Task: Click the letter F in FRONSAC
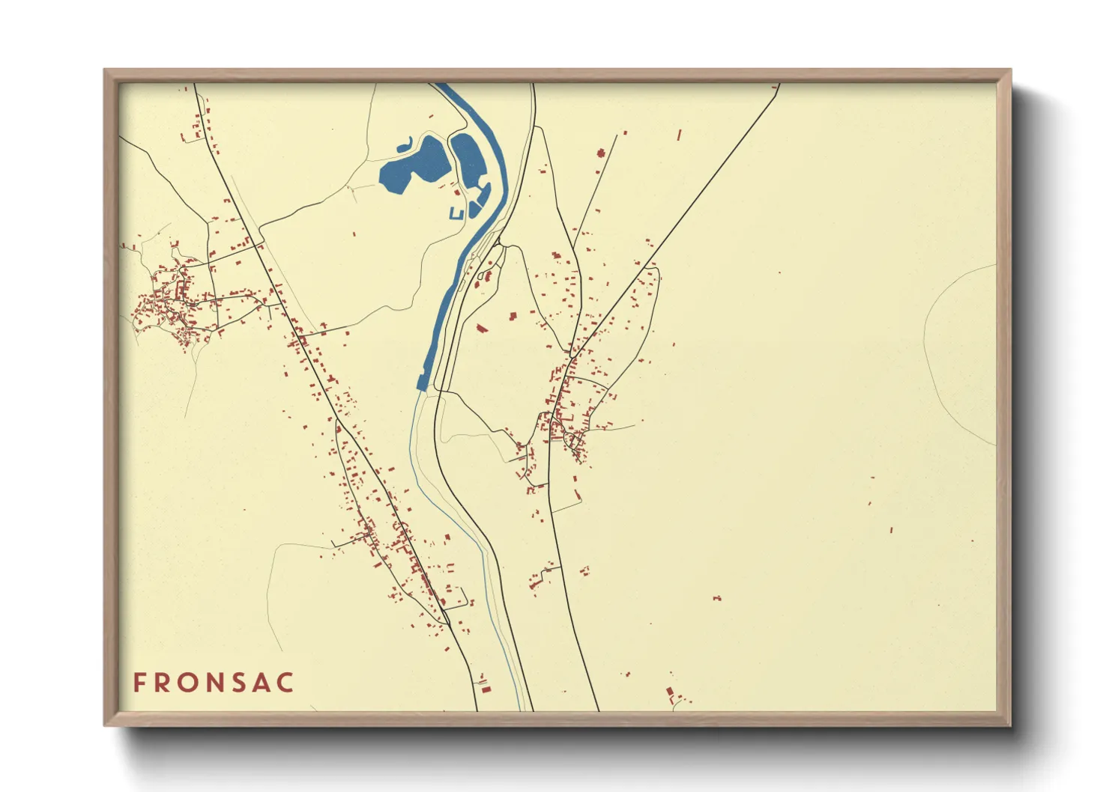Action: point(139,683)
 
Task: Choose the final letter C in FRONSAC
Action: point(285,683)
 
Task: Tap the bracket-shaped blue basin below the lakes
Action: point(456,214)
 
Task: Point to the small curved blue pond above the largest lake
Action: point(405,143)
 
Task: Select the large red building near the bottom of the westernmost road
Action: point(485,688)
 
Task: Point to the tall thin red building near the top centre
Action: point(679,135)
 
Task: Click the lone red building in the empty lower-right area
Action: point(717,598)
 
